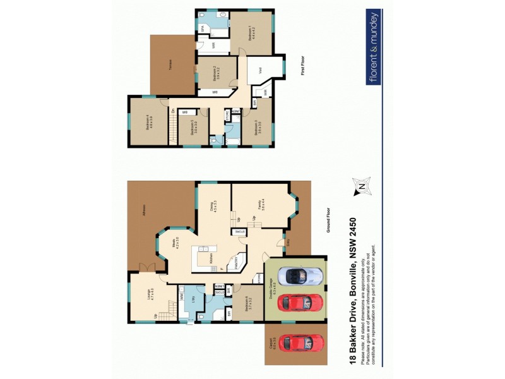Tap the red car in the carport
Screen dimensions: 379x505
point(304,343)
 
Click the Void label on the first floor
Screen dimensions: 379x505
point(261,71)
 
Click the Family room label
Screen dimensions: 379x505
point(259,205)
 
